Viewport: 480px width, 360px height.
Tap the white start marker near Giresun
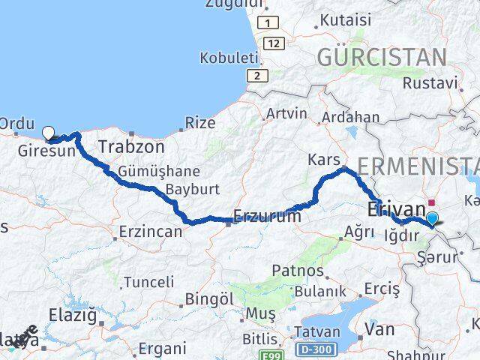[x=49, y=133]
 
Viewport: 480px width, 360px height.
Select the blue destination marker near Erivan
[x=432, y=219]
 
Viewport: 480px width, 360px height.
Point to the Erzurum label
[x=267, y=216]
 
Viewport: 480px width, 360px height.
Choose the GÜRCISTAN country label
[x=382, y=57]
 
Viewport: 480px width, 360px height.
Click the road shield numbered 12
[x=274, y=44]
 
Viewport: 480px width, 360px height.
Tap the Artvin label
[x=286, y=114]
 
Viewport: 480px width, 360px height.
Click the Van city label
[x=379, y=328]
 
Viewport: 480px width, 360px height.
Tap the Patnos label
[x=298, y=271]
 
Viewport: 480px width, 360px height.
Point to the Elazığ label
[x=73, y=315]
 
